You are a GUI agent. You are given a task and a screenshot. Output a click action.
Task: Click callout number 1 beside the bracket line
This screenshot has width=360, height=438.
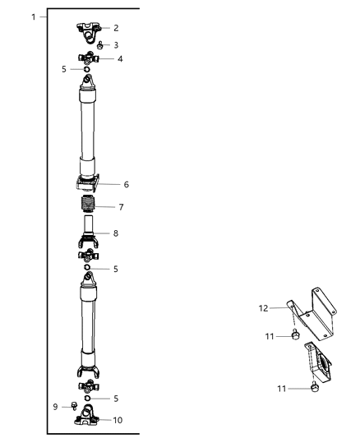click(32, 16)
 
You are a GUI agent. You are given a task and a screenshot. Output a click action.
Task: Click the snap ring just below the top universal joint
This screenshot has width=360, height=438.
click(86, 71)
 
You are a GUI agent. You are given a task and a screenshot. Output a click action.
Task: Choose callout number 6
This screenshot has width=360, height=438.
click(125, 185)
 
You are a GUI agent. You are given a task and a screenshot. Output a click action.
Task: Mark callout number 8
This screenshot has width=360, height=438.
click(115, 233)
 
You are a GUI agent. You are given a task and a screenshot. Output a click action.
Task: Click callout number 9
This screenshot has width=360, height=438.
click(54, 405)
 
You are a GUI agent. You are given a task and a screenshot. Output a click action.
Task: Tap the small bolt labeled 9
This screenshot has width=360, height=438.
click(72, 405)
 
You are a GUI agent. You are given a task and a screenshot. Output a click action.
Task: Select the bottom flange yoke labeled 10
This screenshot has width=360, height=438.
click(87, 417)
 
